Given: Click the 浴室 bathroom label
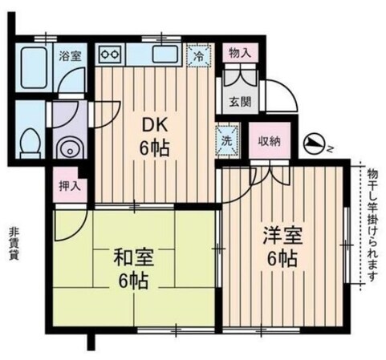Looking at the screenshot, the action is pyautogui.click(x=70, y=56).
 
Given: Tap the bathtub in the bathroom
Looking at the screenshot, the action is pyautogui.click(x=33, y=67).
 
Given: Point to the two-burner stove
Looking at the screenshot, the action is pyautogui.click(x=109, y=55).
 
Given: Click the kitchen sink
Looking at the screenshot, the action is pyautogui.click(x=165, y=54).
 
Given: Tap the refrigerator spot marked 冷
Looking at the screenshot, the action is pyautogui.click(x=198, y=56).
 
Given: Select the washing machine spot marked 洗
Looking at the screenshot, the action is pyautogui.click(x=227, y=140).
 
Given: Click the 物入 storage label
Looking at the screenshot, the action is pyautogui.click(x=241, y=53).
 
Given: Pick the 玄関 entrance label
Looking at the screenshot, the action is pyautogui.click(x=241, y=102).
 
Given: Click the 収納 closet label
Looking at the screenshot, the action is pyautogui.click(x=270, y=141).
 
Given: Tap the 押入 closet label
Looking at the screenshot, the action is pyautogui.click(x=70, y=186).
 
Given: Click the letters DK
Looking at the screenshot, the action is pyautogui.click(x=155, y=125).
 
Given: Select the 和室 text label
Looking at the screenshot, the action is pyautogui.click(x=133, y=257).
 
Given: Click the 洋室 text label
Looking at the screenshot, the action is pyautogui.click(x=282, y=236).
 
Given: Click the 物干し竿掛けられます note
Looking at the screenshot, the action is pyautogui.click(x=372, y=225).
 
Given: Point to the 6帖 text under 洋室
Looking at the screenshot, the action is pyautogui.click(x=282, y=259).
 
